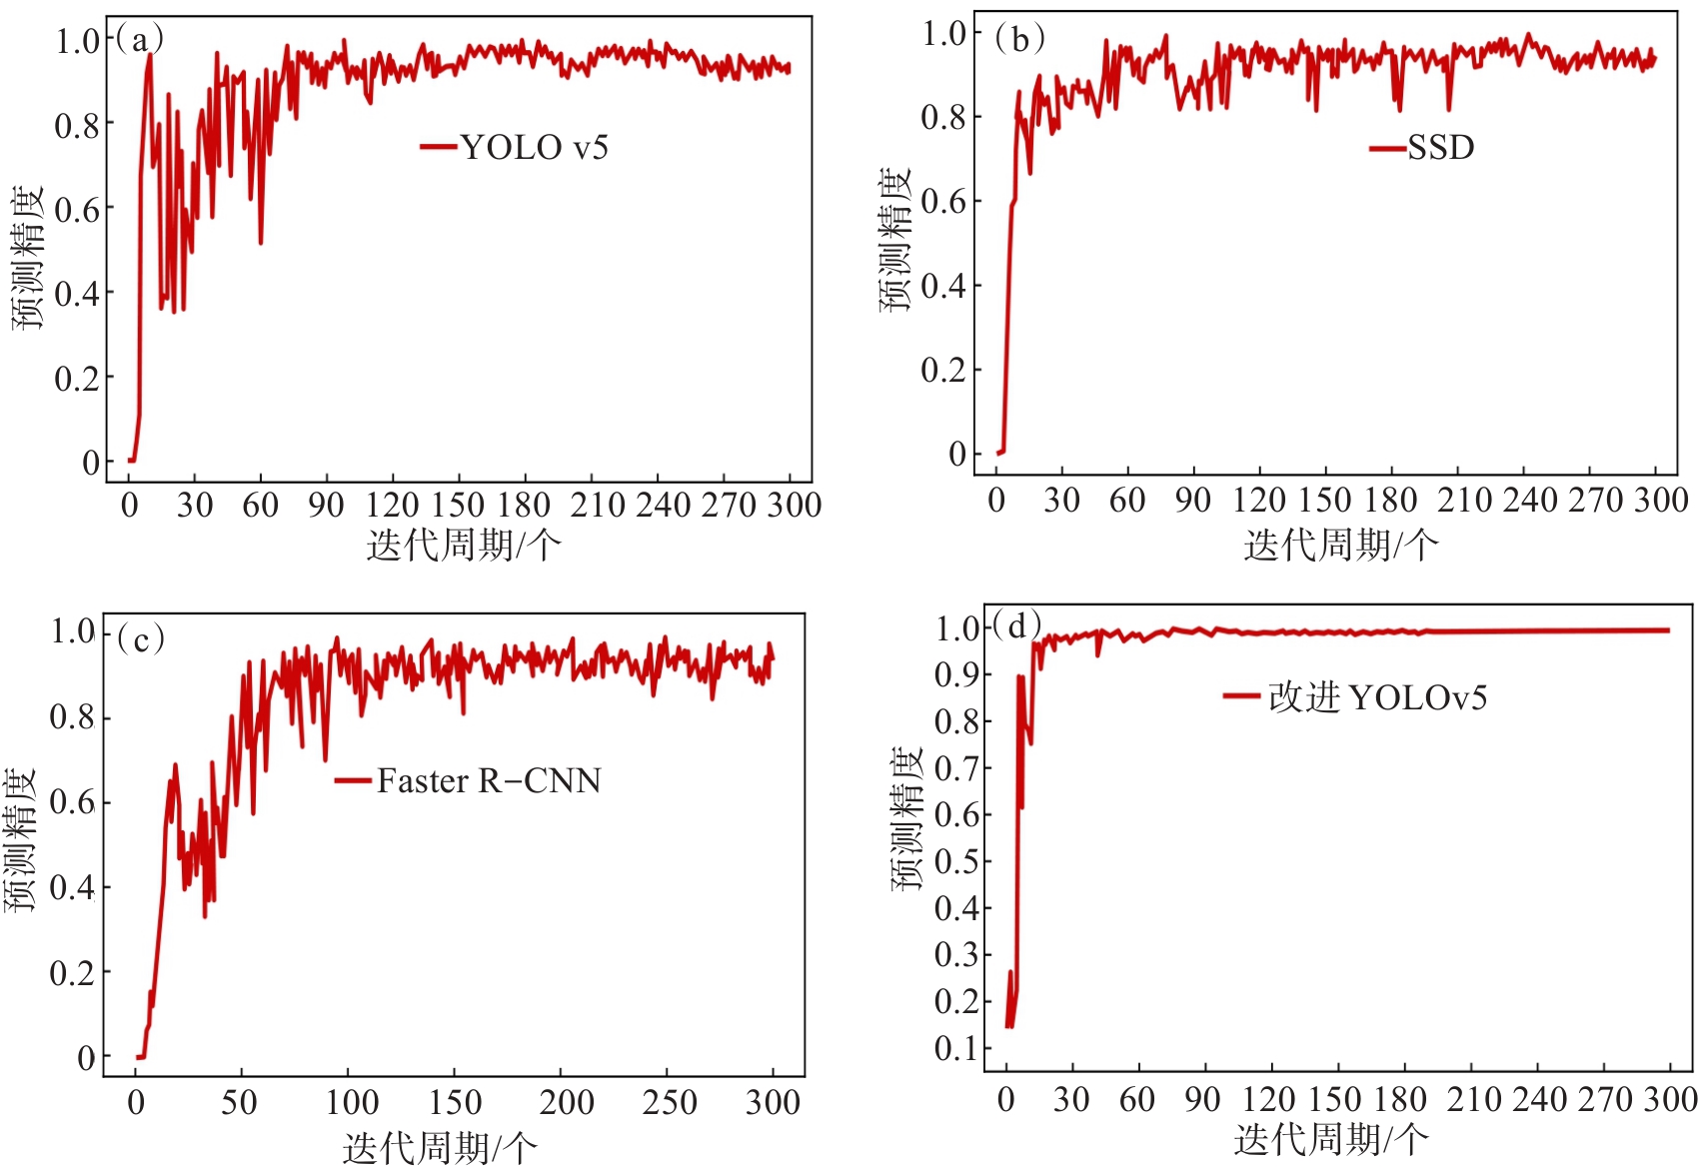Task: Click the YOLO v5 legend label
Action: click(x=534, y=148)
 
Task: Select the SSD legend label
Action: click(x=1440, y=148)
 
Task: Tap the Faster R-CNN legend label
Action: click(x=489, y=780)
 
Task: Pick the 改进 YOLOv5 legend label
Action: click(x=1377, y=697)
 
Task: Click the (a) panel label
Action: click(x=139, y=39)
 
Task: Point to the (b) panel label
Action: click(x=1019, y=39)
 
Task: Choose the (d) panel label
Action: click(x=1017, y=626)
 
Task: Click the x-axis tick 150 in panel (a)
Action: click(x=458, y=505)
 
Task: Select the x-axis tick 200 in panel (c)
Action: click(x=566, y=1102)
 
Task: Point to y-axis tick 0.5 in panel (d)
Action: click(x=955, y=861)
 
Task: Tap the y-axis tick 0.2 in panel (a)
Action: click(x=76, y=379)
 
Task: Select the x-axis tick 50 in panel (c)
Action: click(x=239, y=1102)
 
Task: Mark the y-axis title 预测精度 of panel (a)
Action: click(x=28, y=257)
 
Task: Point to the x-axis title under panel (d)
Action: click(x=1331, y=1139)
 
